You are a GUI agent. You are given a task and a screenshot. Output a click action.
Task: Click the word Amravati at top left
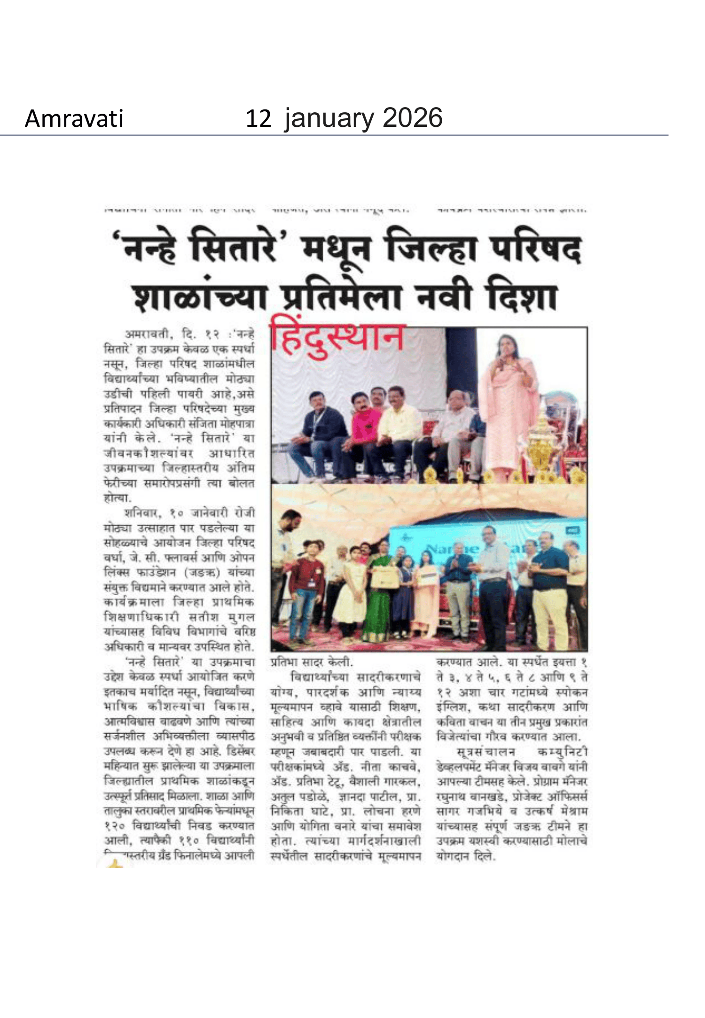74,118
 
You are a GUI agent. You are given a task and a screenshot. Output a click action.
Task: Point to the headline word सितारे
233,249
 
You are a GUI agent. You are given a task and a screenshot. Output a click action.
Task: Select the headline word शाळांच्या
201,299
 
